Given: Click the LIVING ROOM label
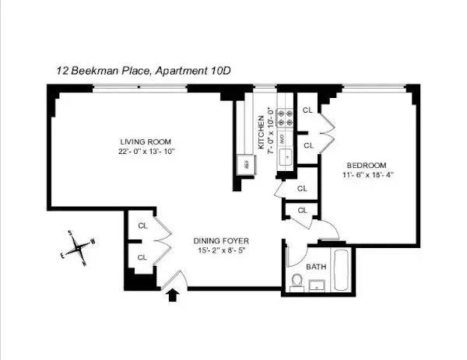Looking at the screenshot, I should (146, 141).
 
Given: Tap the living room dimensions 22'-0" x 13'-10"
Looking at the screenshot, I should (146, 151).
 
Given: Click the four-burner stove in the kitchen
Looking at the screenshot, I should (285, 115).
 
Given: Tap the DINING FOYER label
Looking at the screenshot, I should (221, 240).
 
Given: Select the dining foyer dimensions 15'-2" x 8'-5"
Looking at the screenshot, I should (221, 250).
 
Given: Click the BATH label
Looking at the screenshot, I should (316, 266).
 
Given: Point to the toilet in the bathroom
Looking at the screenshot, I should (296, 280).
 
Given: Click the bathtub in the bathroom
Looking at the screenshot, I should (341, 271).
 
